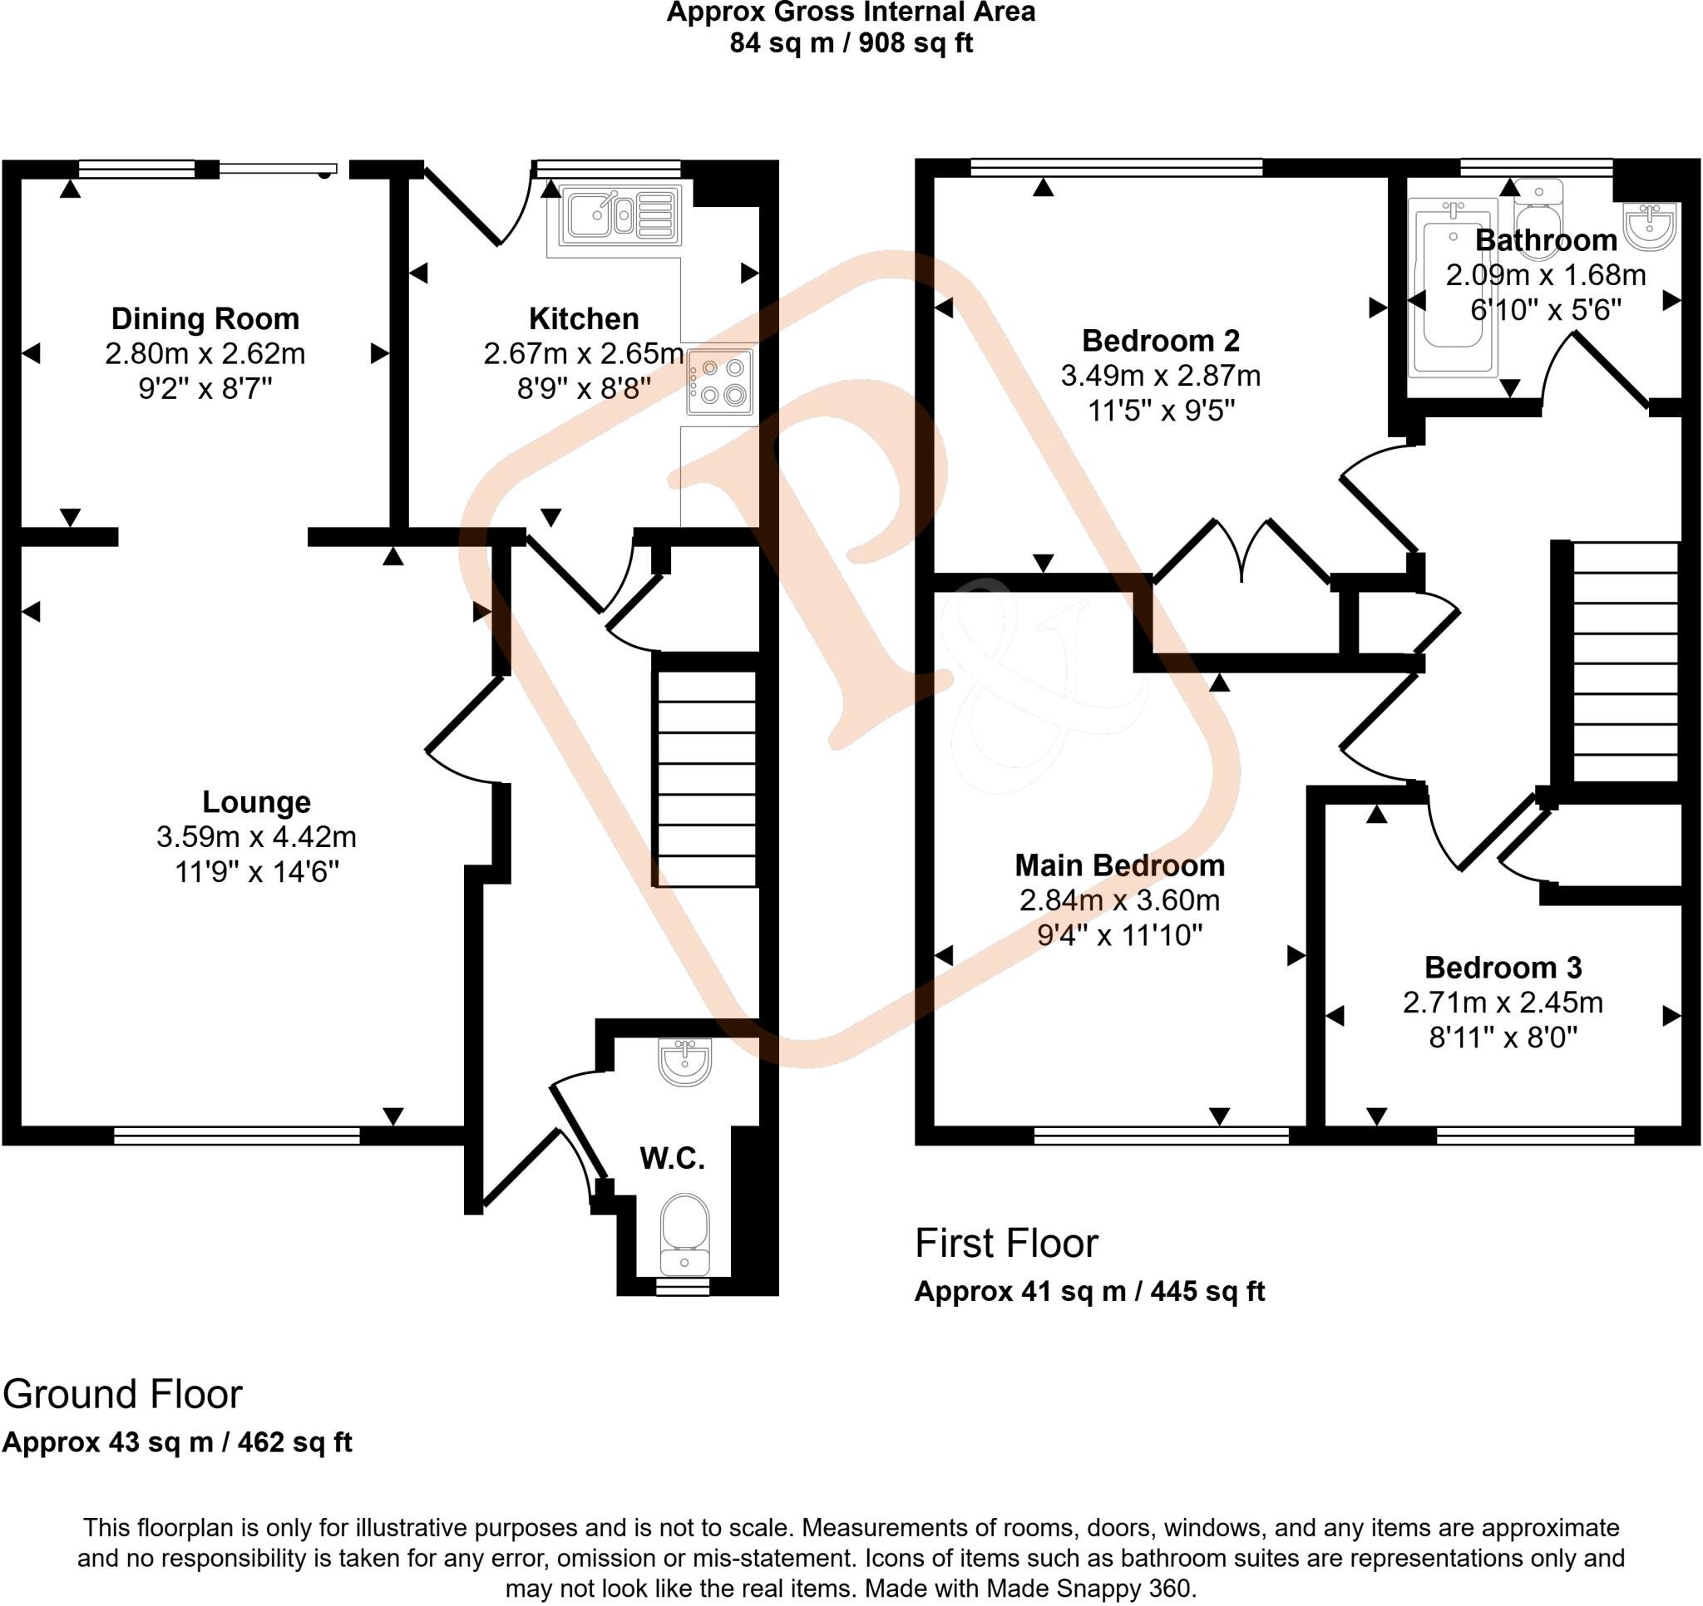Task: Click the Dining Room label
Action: (205, 318)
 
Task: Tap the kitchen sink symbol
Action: (620, 214)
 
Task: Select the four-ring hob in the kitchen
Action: (719, 382)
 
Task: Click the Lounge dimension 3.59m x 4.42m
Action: (256, 837)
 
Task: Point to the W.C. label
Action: (673, 1159)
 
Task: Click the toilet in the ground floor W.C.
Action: (684, 1234)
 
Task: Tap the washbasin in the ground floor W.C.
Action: (684, 1062)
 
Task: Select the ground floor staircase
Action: (706, 778)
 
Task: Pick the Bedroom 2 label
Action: (1160, 341)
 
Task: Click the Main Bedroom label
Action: (1118, 865)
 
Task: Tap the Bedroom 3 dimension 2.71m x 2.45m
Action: (1503, 1003)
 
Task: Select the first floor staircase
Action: (1625, 661)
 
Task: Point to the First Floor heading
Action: (1005, 1243)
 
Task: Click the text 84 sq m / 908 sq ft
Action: (851, 43)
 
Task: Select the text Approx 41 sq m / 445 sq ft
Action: (1088, 1291)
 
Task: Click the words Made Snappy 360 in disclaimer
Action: (1088, 1588)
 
